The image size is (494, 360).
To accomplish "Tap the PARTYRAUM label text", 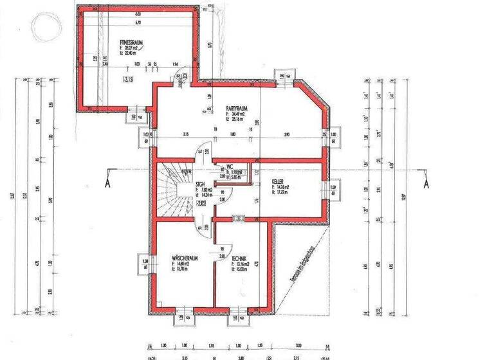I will point(237,108).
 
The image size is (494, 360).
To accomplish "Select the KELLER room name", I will point(278,182).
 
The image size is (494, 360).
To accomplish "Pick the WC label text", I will point(229,166).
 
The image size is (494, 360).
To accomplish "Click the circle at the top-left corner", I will point(44,26).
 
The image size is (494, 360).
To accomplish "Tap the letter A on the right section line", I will point(425,182).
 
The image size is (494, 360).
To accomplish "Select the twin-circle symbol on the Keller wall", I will point(239,218).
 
